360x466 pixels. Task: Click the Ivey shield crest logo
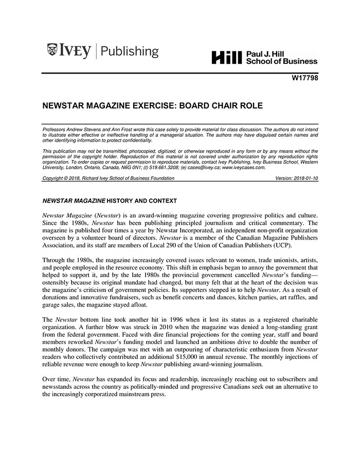pyautogui.click(x=52, y=50)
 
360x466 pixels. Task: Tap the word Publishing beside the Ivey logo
pyautogui.click(x=130, y=51)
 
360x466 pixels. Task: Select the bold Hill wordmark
pyautogui.click(x=226, y=58)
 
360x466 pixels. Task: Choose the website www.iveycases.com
pyautogui.click(x=244, y=167)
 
